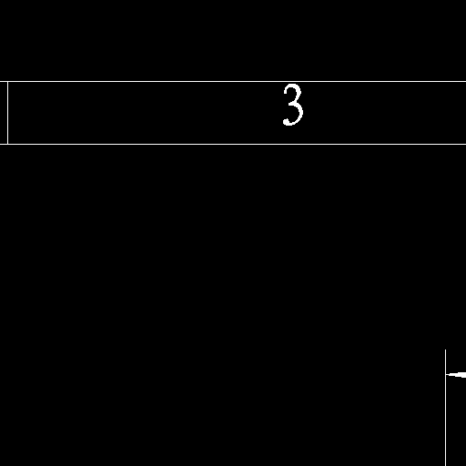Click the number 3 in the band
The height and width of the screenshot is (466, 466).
point(293,105)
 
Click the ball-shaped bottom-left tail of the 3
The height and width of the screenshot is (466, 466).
point(286,122)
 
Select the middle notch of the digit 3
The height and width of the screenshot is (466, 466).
point(290,104)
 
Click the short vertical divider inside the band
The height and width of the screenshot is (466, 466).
point(7,113)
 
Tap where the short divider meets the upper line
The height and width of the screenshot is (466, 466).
point(7,81)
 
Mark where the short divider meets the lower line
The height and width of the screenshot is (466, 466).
point(7,144)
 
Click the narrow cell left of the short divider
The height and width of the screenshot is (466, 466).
point(4,113)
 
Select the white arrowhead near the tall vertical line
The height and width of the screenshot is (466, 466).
point(456,375)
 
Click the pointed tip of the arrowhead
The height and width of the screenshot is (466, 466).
point(446,375)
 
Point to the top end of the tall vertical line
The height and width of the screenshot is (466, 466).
point(446,349)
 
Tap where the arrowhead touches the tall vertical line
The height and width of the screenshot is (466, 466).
point(446,375)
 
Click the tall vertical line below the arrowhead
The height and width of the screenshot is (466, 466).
point(446,421)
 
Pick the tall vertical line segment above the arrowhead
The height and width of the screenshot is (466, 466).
point(446,362)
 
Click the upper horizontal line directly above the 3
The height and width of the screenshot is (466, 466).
point(293,81)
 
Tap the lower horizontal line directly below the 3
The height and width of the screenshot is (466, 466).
point(293,144)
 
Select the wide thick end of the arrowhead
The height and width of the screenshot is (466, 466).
point(464,375)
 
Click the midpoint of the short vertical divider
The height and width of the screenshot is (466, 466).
point(7,113)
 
